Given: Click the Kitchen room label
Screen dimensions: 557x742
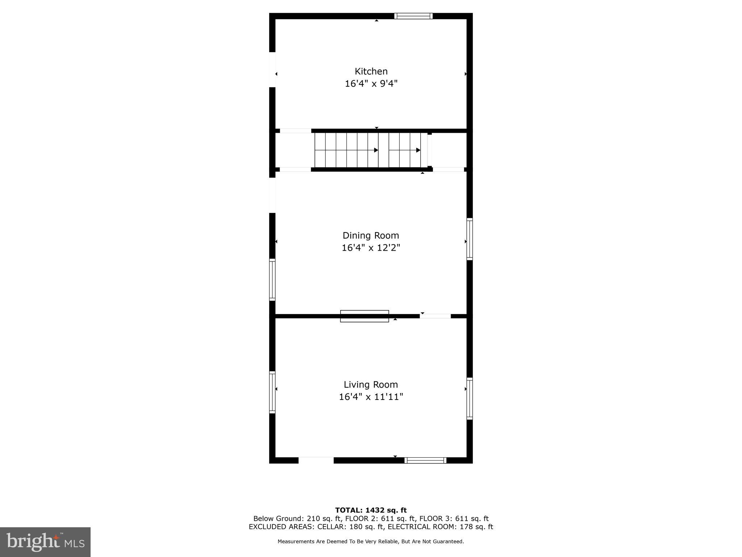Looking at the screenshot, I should (371, 71).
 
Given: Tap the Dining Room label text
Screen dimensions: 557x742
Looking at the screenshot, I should (371, 235).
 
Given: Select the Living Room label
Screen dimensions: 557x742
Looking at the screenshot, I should (371, 384).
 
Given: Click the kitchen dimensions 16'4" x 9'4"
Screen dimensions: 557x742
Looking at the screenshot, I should (371, 84).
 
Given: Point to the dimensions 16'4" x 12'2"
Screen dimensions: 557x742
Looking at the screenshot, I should (371, 248).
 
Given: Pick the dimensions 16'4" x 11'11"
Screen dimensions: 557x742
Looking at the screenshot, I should (371, 397).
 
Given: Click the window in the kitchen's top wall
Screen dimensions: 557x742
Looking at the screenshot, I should (413, 16).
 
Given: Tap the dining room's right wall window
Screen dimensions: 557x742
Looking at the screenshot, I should (470, 239).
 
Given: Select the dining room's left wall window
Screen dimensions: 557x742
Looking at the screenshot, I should (272, 280).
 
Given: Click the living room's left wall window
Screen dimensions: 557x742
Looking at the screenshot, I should (272, 392).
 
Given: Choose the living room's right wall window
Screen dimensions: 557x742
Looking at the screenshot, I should (470, 399).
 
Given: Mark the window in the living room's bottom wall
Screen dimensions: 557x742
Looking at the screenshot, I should (425, 460).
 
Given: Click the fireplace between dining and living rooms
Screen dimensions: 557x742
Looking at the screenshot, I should (364, 316).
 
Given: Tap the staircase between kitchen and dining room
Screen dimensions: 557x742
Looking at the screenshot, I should (367, 150).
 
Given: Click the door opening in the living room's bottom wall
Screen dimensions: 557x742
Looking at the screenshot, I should (316, 460).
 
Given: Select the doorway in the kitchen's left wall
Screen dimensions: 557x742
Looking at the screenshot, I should (272, 70).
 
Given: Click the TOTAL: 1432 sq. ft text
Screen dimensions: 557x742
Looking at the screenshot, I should (371, 510).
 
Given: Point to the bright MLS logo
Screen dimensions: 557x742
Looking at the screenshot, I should (45, 542).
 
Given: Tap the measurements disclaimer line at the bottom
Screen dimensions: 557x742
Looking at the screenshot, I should (371, 541).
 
